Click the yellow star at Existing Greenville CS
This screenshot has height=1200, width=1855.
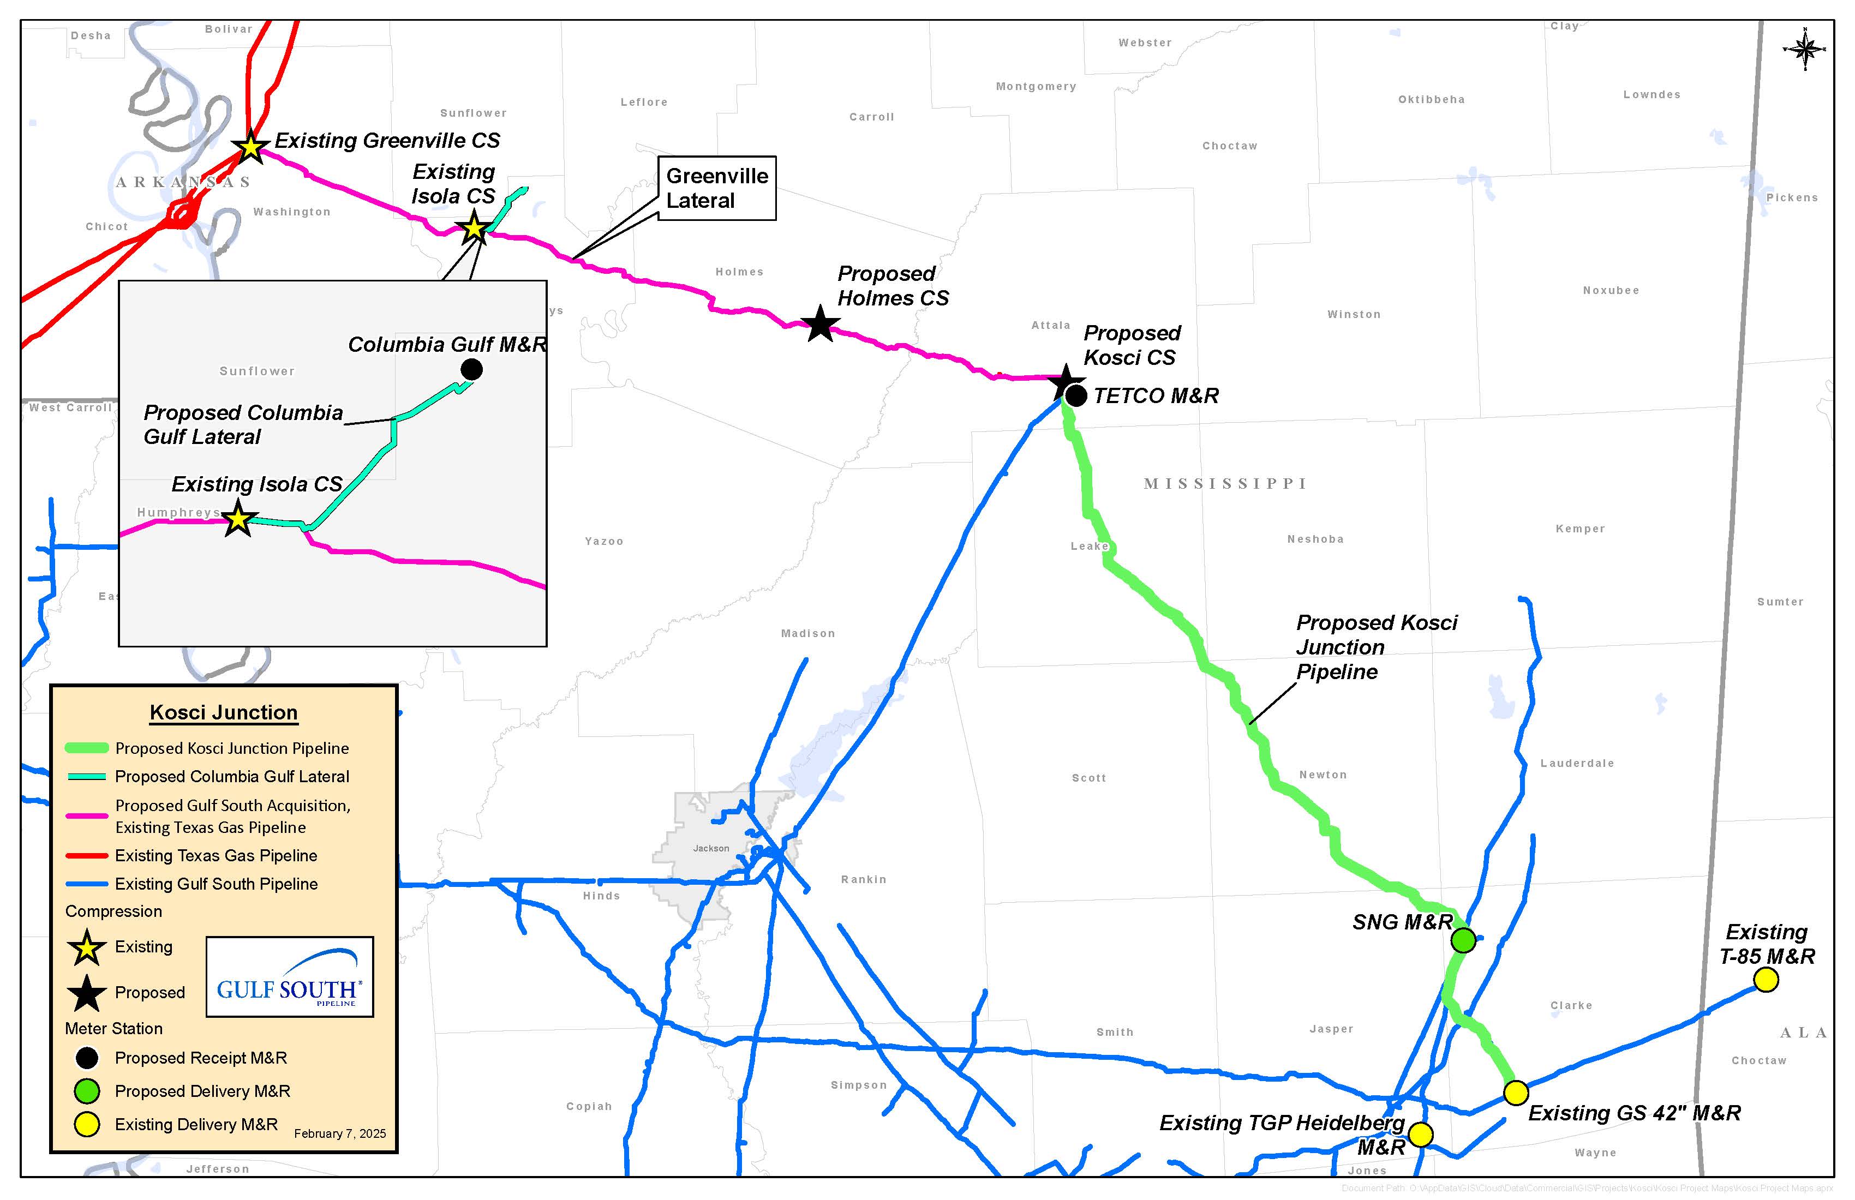coord(250,147)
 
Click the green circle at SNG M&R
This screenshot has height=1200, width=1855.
coord(1463,940)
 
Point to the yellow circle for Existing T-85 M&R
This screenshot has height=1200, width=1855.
coord(1766,980)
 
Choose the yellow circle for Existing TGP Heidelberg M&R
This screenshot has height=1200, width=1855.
coord(1420,1135)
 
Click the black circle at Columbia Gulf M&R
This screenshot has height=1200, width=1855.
coord(471,369)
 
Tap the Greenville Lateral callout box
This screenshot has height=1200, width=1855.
coord(716,188)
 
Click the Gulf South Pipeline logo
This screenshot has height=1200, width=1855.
coord(289,976)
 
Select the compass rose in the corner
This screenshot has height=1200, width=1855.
coord(1804,50)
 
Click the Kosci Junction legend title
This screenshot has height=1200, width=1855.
coord(224,712)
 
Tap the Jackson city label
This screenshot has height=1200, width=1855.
coord(711,848)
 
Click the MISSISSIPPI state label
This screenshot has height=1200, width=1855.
coord(1225,484)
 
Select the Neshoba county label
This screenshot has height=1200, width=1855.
coord(1315,539)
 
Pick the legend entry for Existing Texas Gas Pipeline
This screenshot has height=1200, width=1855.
coord(216,856)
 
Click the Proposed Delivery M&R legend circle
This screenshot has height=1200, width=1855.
coord(87,1091)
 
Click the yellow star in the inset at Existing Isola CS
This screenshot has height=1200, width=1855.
coord(238,519)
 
